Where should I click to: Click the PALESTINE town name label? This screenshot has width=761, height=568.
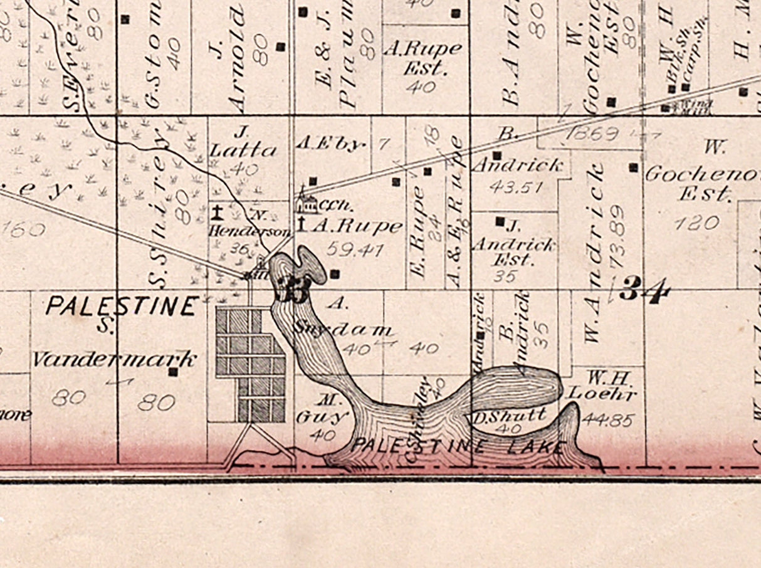[122, 306]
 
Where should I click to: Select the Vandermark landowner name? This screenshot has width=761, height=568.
[115, 360]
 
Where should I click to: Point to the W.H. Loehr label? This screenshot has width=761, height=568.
[602, 386]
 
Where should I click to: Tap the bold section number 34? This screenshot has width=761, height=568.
[646, 290]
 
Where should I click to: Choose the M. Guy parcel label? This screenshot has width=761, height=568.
[327, 408]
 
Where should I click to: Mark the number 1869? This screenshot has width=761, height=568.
[592, 133]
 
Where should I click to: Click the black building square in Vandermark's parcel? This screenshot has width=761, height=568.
[173, 372]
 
